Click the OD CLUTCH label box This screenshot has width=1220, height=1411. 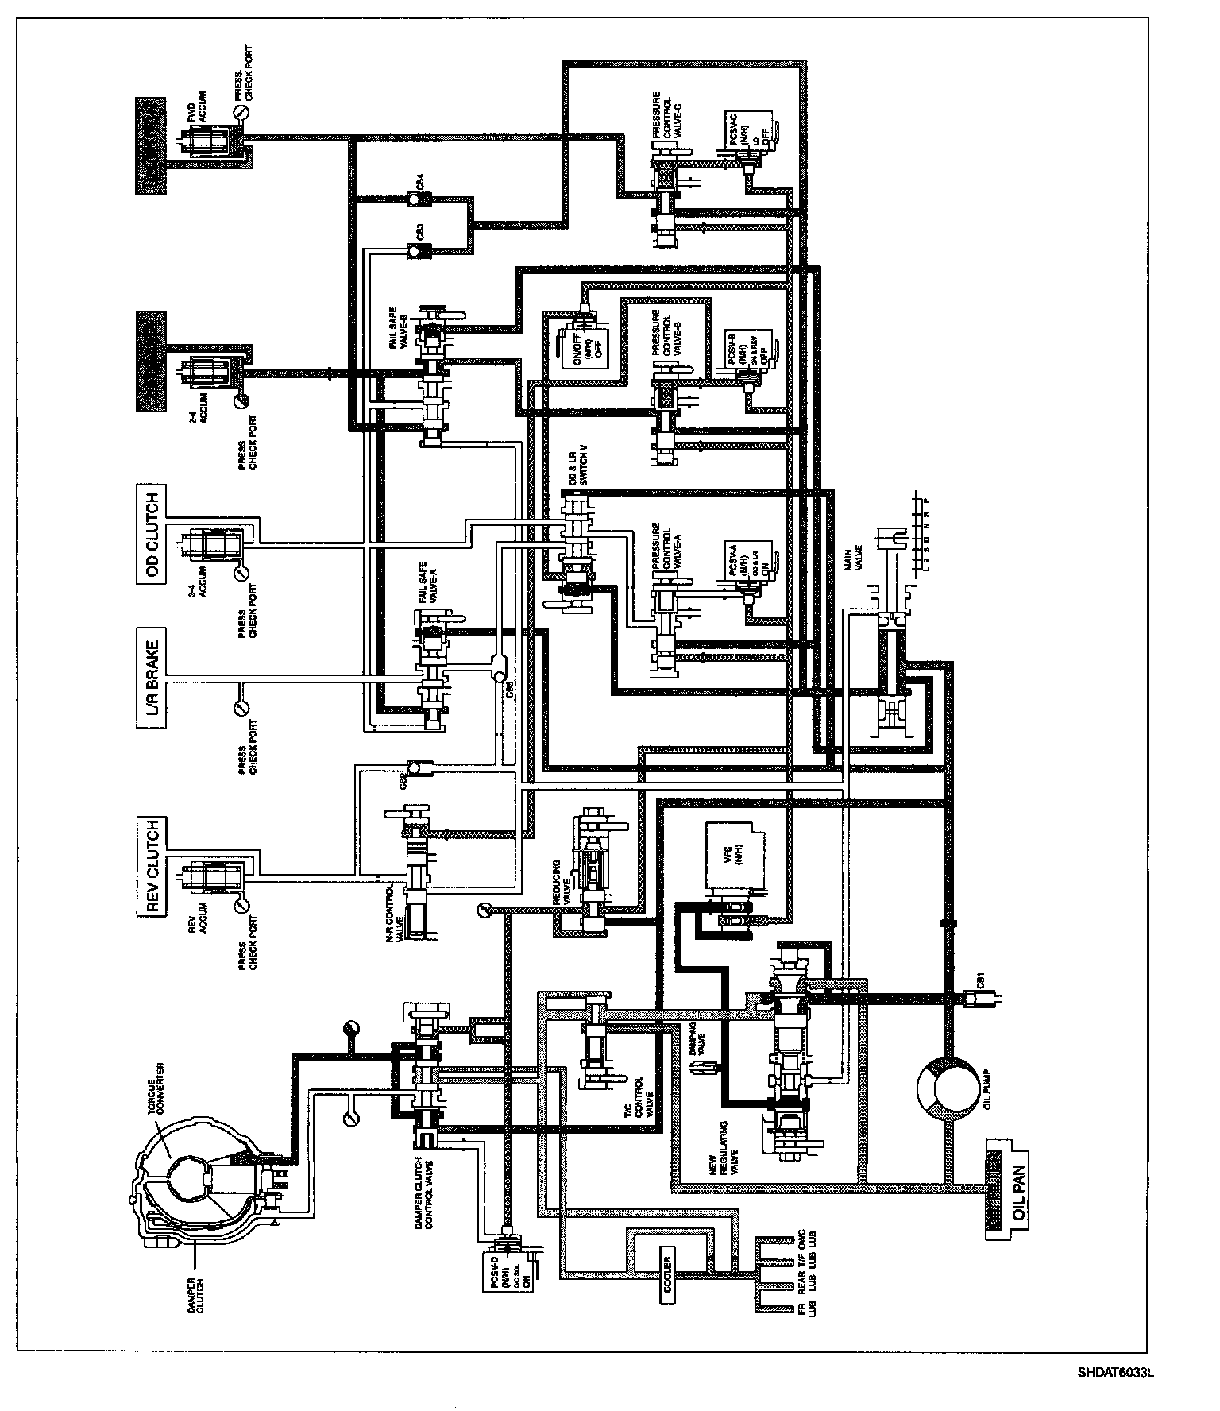[x=153, y=536]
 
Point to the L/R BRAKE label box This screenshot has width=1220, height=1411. [x=153, y=672]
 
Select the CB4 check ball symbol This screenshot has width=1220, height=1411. [x=416, y=198]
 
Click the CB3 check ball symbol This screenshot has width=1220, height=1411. [x=416, y=251]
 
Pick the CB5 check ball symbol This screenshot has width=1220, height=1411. [x=498, y=674]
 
